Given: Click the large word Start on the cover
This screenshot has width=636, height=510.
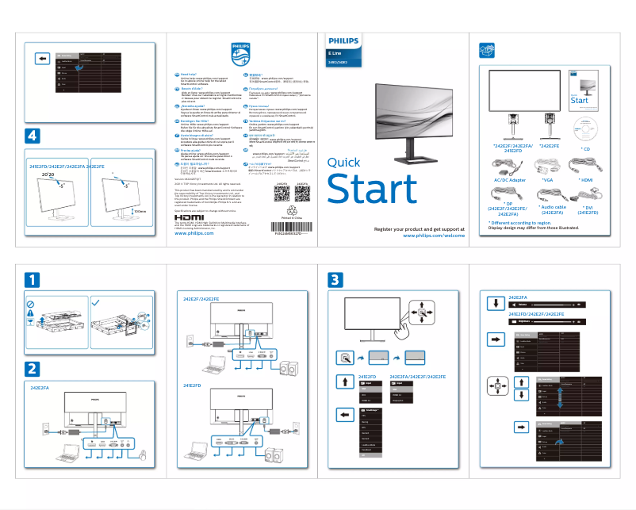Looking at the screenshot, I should pos(372,190).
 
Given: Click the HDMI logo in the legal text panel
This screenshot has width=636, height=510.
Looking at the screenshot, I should pos(189,217).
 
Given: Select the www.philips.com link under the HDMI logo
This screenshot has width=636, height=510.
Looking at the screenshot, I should pos(197,234).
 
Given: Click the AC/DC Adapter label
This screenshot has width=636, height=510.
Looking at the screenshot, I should pos(509,180).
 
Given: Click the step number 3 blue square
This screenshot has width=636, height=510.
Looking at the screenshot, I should pos(336,279).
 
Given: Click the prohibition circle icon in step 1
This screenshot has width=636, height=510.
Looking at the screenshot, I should pos(31,302).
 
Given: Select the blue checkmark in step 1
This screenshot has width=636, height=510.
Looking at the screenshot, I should pos(96,301).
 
